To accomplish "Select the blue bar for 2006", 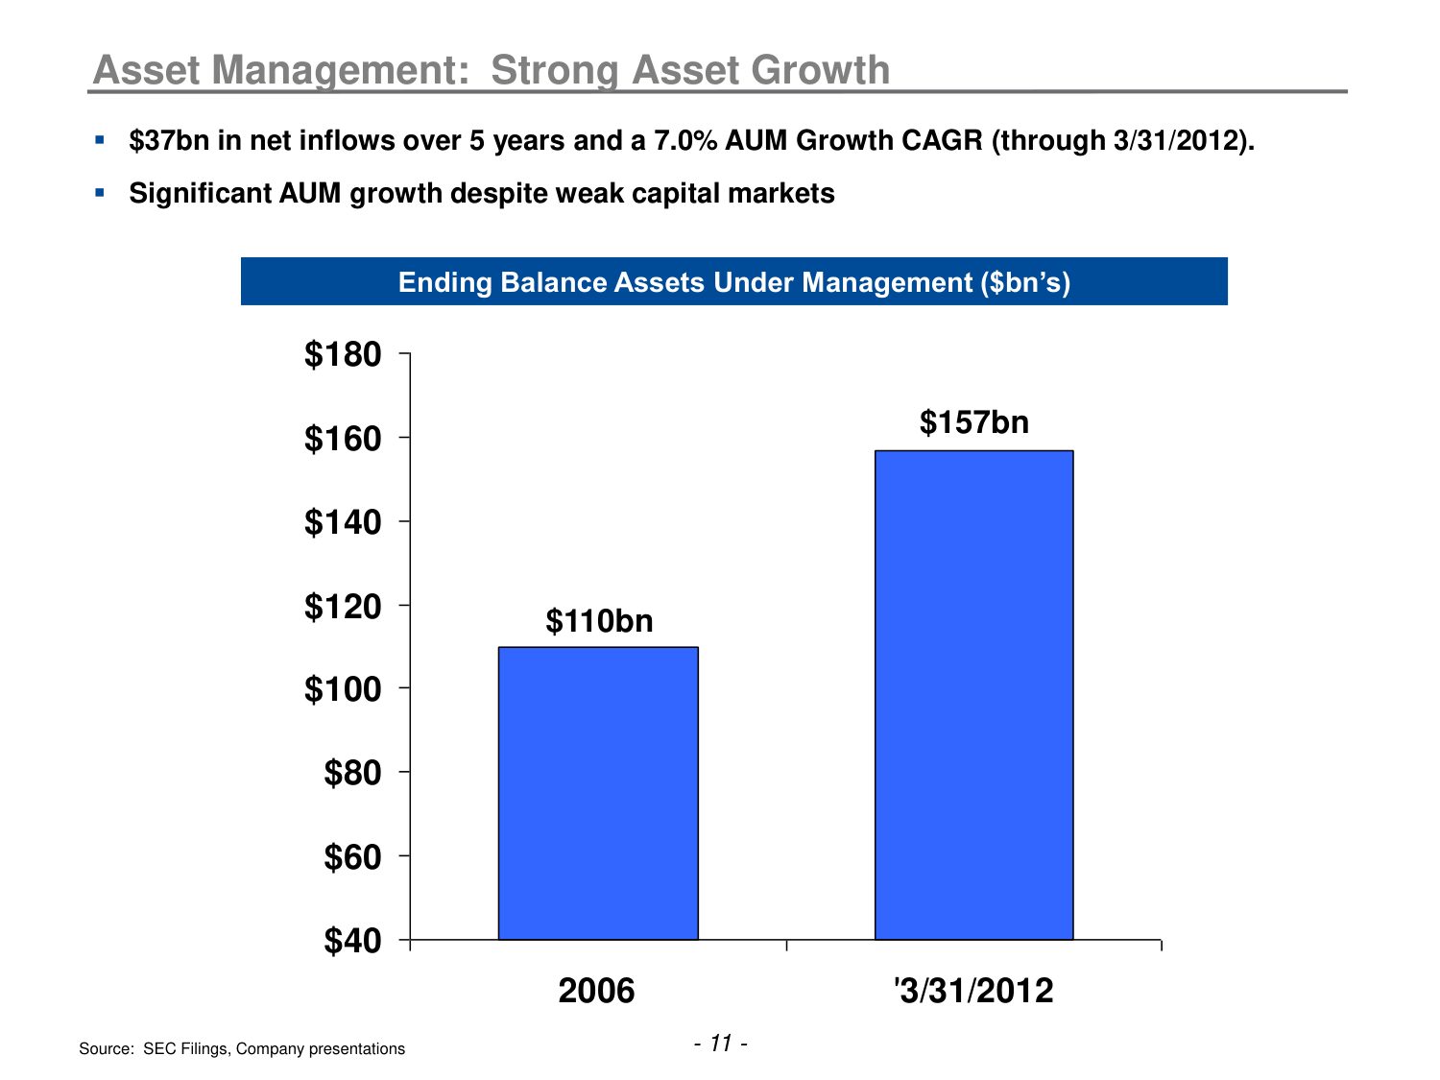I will coord(598,793).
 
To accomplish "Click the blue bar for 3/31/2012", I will coord(973,694).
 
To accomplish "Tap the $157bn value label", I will coord(973,422).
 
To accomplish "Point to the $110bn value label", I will coord(599,621).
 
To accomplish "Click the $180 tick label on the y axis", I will coord(343,355).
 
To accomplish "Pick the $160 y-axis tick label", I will coord(343,439).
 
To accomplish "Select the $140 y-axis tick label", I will coord(343,522).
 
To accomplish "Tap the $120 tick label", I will coord(343,607).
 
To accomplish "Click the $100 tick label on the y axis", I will coord(343,689).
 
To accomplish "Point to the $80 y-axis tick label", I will coord(352,773).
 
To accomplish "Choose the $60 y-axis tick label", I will coord(352,856).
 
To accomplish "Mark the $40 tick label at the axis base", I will coord(352,941).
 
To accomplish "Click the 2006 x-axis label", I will coord(596,991).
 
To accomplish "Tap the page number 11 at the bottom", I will coord(721,1044).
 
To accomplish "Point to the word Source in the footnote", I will coord(106,1049).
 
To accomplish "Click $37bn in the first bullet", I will coord(169,141).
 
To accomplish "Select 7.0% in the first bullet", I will coord(685,141).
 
